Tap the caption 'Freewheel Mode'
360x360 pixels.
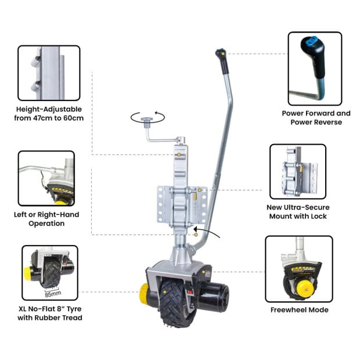point(299,309)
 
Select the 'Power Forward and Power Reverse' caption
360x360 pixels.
point(316,118)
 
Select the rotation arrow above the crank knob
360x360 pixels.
point(147,117)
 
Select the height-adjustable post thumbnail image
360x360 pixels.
point(49,73)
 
